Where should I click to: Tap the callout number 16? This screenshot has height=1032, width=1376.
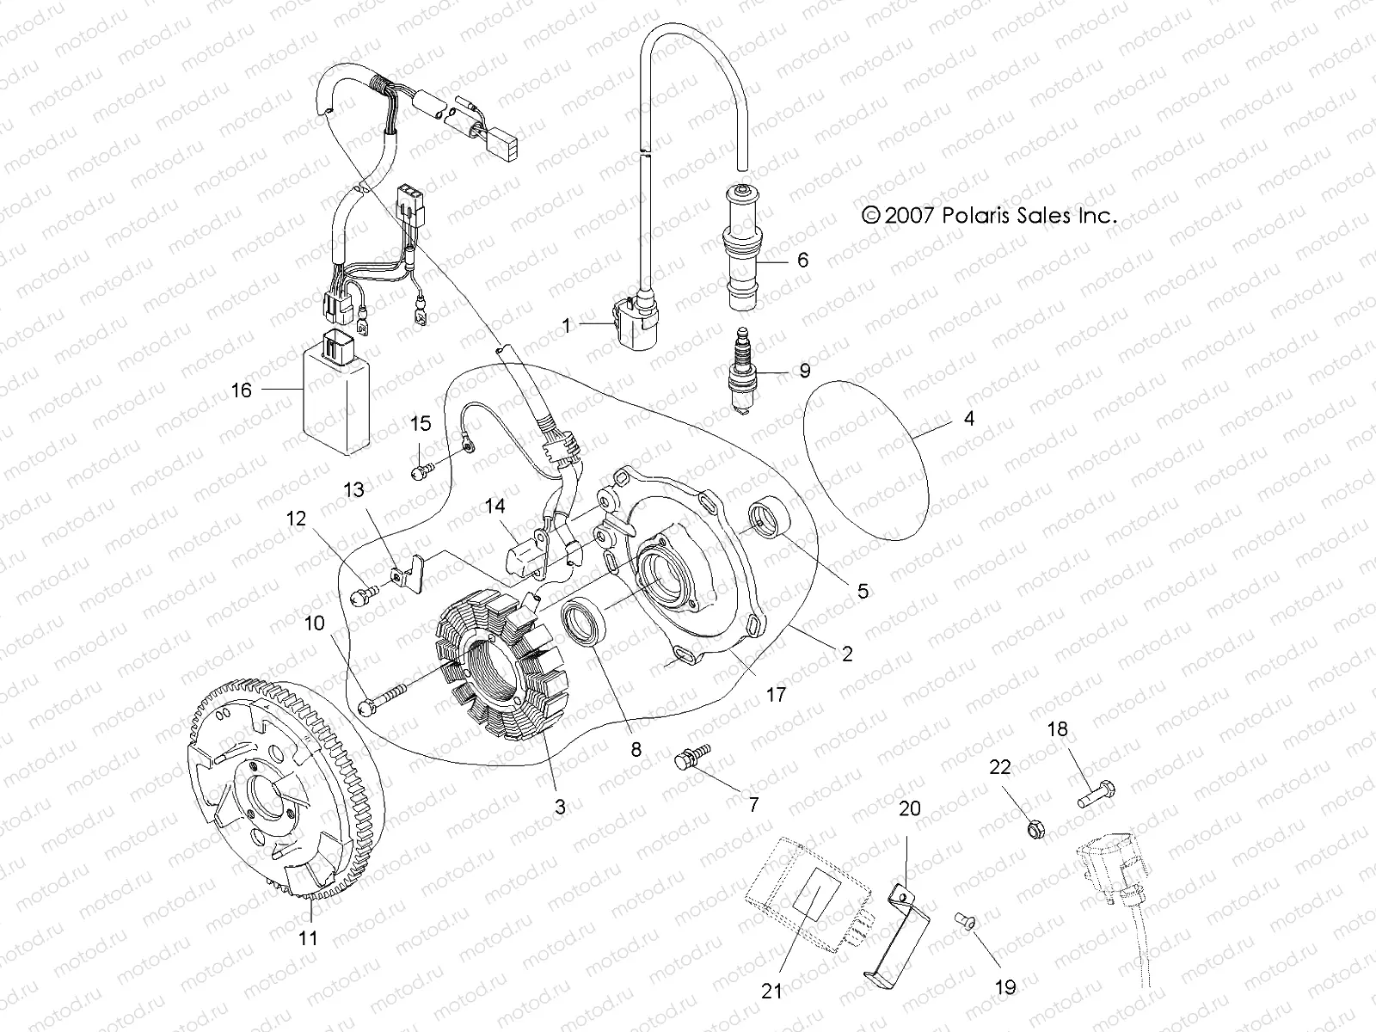242,390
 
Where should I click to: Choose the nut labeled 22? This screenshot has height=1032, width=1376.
1036,830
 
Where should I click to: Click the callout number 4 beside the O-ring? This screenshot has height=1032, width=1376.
969,420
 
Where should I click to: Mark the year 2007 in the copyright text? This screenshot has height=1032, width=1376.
910,216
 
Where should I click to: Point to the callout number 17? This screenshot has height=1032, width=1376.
776,694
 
